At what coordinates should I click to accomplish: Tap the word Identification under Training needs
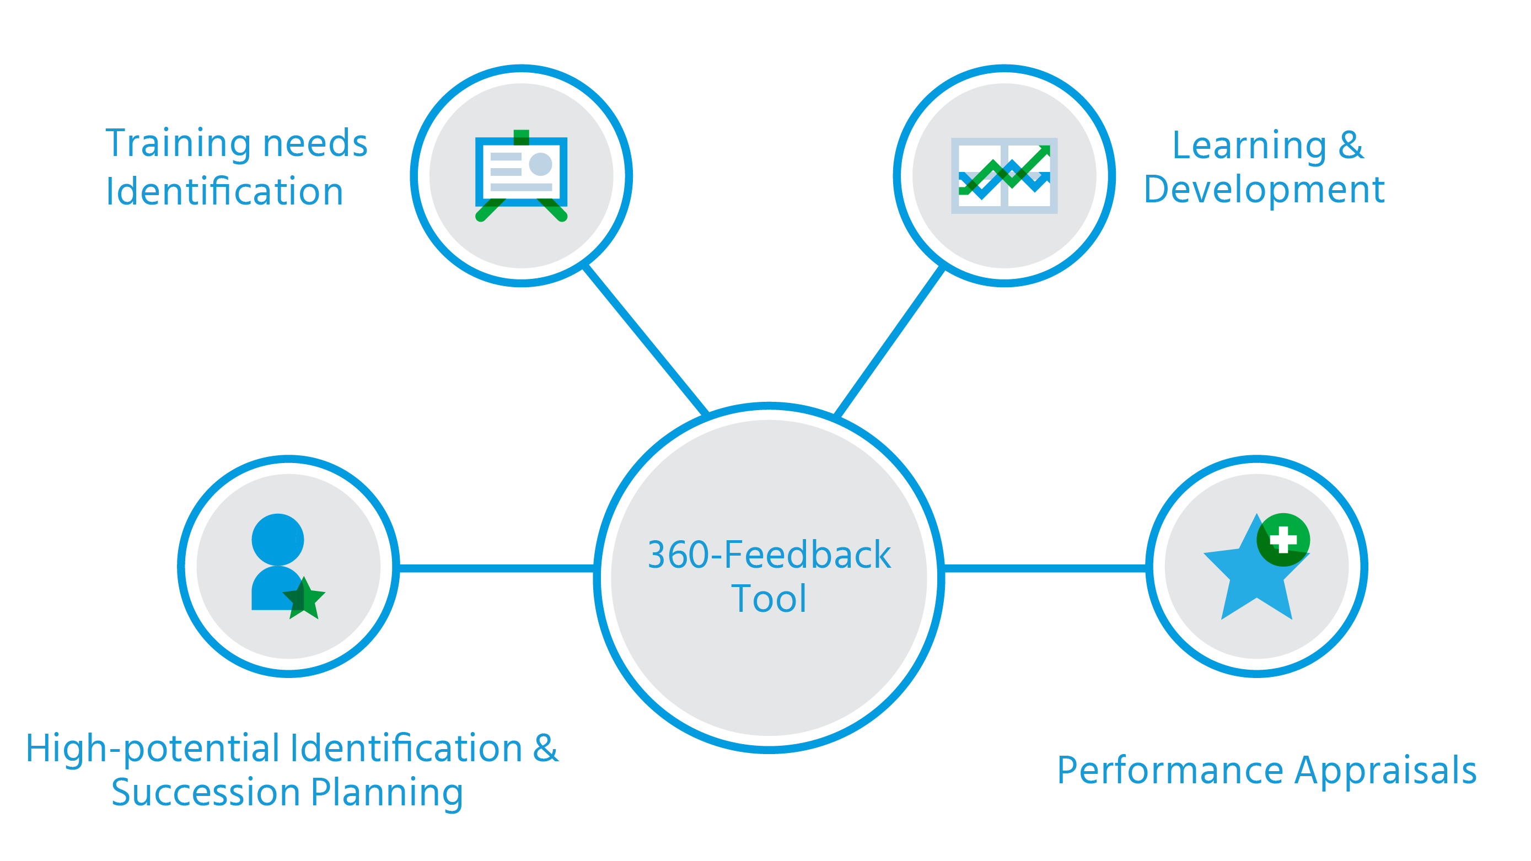point(224,192)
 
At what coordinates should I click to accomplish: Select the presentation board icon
point(521,175)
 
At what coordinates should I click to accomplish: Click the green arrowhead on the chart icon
point(1044,151)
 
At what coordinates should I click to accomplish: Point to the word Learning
point(1249,146)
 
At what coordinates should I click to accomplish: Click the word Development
point(1264,190)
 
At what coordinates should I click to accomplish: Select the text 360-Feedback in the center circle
point(769,555)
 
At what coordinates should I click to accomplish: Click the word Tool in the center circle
point(769,599)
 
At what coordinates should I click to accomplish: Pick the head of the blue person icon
point(277,539)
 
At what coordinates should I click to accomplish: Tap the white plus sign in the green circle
point(1282,540)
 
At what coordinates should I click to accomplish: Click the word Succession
point(205,793)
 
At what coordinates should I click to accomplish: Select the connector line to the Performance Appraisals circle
point(1044,569)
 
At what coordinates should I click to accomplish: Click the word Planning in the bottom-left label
point(386,793)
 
